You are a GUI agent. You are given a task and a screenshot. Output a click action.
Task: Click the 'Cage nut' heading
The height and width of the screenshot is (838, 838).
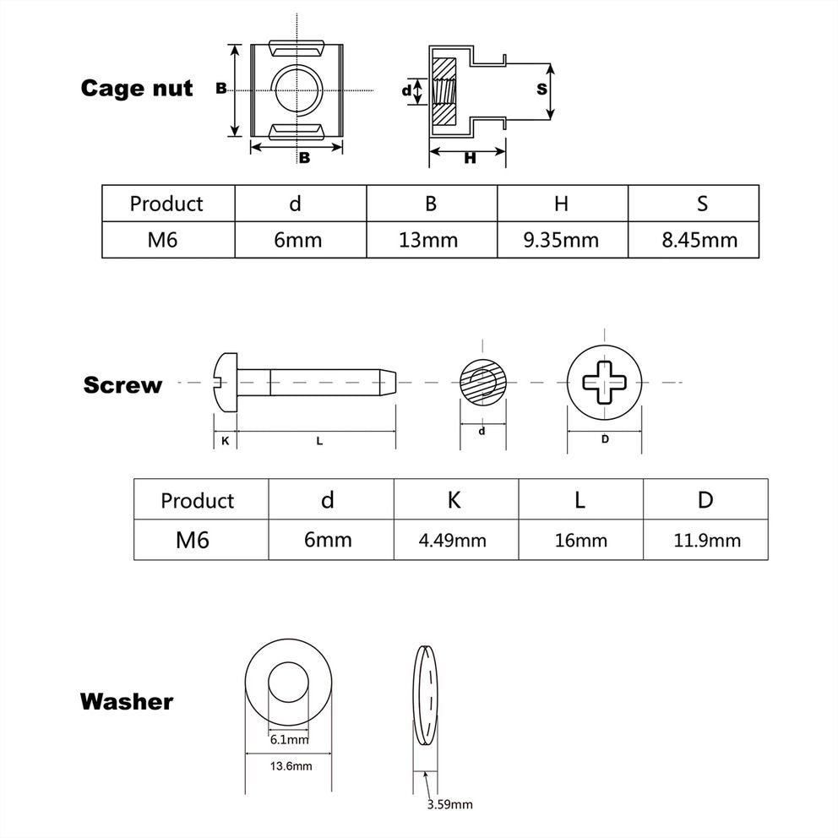(137, 89)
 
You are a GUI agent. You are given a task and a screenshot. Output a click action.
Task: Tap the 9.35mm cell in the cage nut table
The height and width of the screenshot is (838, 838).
(560, 240)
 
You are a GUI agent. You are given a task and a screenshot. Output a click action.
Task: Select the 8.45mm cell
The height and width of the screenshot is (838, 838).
(699, 240)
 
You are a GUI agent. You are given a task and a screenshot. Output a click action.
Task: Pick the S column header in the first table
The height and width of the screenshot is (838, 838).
(702, 204)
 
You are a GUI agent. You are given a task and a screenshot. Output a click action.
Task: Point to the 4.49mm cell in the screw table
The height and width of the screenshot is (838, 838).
(454, 540)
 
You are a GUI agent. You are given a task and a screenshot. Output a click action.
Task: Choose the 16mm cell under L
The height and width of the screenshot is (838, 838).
(580, 540)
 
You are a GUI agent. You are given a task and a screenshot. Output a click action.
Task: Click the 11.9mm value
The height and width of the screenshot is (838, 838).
(705, 540)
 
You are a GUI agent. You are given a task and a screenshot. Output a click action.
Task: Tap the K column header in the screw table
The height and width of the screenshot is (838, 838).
(454, 500)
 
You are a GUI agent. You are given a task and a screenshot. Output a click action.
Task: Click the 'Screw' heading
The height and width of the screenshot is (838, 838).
(122, 385)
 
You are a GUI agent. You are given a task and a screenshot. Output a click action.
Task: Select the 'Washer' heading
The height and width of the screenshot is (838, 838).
(127, 701)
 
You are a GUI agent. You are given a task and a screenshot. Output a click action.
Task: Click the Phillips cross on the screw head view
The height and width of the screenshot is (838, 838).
(604, 383)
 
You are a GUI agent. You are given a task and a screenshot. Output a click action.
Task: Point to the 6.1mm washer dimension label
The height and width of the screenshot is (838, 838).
(289, 739)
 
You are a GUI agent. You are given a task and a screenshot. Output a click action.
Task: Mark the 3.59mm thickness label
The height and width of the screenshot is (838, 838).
(450, 805)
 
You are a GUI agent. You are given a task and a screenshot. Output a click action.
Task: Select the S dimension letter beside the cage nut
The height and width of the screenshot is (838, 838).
(541, 89)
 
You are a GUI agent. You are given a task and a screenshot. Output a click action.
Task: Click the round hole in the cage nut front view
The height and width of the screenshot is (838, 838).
(297, 89)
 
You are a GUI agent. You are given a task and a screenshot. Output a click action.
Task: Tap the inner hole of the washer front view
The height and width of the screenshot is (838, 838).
(289, 682)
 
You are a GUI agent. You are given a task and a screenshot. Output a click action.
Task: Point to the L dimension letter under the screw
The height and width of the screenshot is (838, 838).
(319, 441)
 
